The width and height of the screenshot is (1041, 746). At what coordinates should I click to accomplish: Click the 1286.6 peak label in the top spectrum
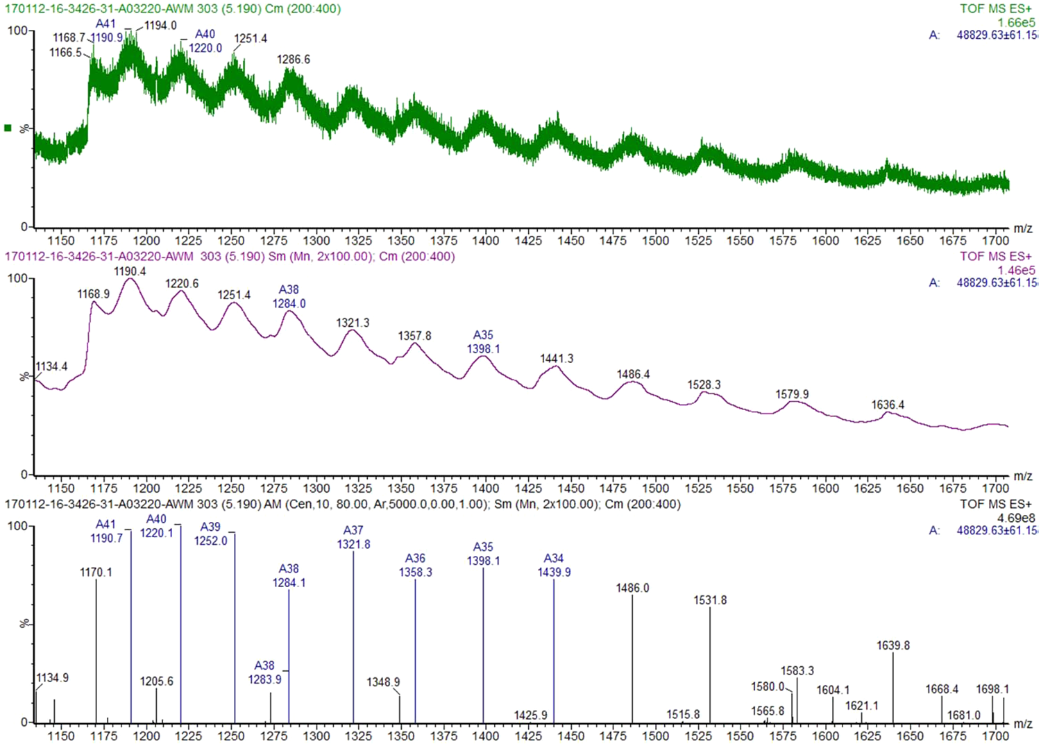click(293, 60)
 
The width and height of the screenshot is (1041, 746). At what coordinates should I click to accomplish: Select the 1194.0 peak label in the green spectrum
click(160, 26)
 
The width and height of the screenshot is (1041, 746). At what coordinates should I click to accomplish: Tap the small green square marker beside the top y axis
click(8, 128)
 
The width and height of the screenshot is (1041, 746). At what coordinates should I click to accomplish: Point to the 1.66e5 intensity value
click(1015, 23)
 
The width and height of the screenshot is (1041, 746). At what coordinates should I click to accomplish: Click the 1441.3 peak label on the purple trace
click(557, 359)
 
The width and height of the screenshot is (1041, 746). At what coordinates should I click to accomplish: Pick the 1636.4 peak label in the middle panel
click(888, 405)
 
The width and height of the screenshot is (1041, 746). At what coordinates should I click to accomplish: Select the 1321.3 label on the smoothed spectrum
click(353, 323)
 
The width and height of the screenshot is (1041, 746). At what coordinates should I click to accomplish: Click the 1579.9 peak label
click(792, 395)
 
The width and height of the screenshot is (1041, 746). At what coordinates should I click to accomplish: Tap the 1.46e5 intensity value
click(1015, 271)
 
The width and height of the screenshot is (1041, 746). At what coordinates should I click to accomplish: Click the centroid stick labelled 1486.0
click(632, 659)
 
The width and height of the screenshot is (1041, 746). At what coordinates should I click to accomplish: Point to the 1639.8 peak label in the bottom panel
click(892, 646)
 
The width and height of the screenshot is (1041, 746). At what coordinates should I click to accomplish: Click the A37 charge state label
click(353, 531)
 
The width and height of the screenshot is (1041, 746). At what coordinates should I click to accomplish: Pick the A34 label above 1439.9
click(553, 559)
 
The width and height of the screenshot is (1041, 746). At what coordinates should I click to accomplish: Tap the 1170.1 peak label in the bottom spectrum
click(96, 573)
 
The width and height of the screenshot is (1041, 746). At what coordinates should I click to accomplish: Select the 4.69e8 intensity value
click(1015, 518)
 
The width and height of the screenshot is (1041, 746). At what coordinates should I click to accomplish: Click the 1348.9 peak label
click(383, 683)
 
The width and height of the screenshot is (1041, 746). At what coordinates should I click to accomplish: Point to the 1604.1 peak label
click(832, 690)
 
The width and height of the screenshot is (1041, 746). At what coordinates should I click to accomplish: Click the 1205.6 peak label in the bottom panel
click(156, 681)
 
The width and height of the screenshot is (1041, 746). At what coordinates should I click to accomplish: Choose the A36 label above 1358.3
click(415, 559)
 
